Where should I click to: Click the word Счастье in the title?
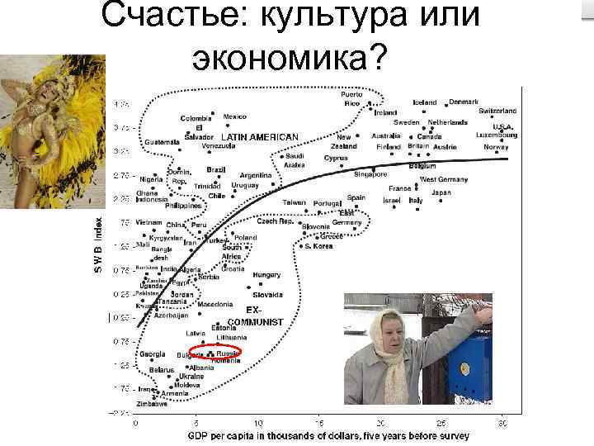[169, 18]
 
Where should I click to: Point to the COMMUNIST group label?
[255, 321]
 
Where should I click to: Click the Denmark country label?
[464, 102]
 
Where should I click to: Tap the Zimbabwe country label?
[152, 404]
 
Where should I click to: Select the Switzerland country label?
[497, 111]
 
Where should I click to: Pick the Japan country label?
[441, 192]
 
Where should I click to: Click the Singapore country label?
[370, 174]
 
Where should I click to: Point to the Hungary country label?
[266, 275]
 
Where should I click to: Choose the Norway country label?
[497, 147]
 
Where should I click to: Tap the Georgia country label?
[153, 354]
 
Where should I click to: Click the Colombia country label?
[196, 118]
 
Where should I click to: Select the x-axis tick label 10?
[258, 423]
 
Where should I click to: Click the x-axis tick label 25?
[442, 423]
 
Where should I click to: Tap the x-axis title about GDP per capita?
[328, 435]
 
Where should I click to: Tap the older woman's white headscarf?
[388, 330]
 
